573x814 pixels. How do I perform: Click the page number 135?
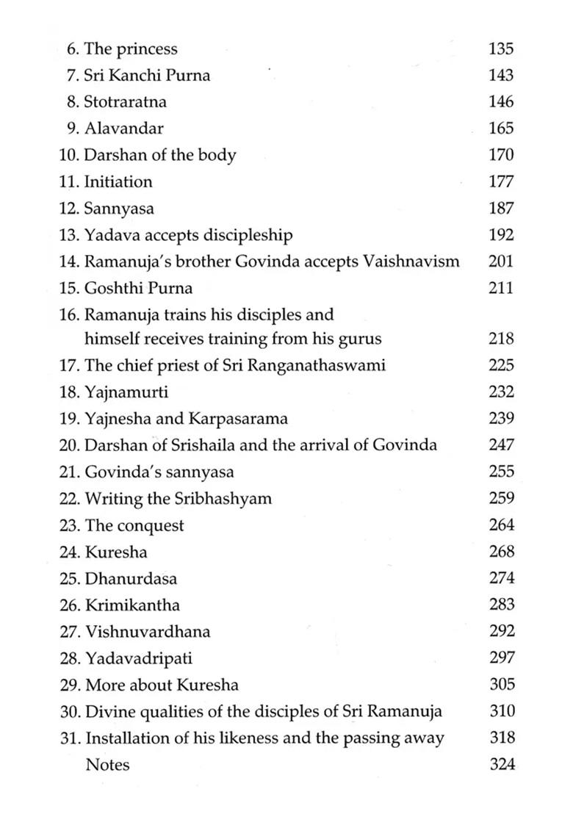[500, 49]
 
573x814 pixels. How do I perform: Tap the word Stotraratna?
[125, 101]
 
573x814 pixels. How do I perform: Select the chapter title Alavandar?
[124, 128]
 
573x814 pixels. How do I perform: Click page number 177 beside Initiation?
[500, 181]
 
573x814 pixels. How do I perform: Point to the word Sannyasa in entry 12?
[119, 209]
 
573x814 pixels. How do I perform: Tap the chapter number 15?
[68, 288]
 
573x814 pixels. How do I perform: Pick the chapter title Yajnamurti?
[126, 392]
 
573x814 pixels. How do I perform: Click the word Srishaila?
[227, 445]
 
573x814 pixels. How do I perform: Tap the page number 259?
[501, 498]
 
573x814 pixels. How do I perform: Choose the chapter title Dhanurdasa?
[131, 578]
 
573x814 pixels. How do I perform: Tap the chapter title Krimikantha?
[132, 605]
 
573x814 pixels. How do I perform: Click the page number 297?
[501, 658]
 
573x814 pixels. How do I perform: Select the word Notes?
[107, 765]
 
